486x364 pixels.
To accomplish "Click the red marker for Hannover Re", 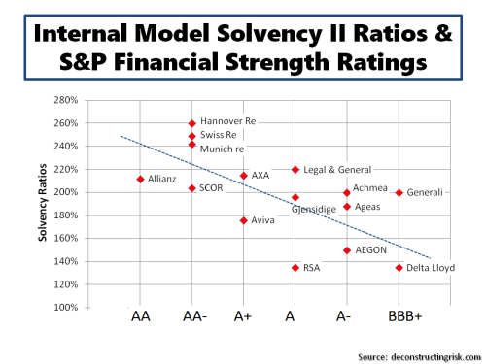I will [192, 123].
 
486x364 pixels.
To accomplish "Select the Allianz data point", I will [141, 180].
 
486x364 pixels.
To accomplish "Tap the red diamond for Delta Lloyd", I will [399, 267].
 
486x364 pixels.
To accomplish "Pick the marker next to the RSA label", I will [295, 267].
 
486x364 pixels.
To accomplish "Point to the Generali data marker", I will [399, 192].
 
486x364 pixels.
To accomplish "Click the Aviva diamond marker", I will [244, 220].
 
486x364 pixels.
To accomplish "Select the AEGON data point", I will [347, 250].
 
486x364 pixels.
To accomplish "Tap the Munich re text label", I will [222, 149].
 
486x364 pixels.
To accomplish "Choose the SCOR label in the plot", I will [212, 187].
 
